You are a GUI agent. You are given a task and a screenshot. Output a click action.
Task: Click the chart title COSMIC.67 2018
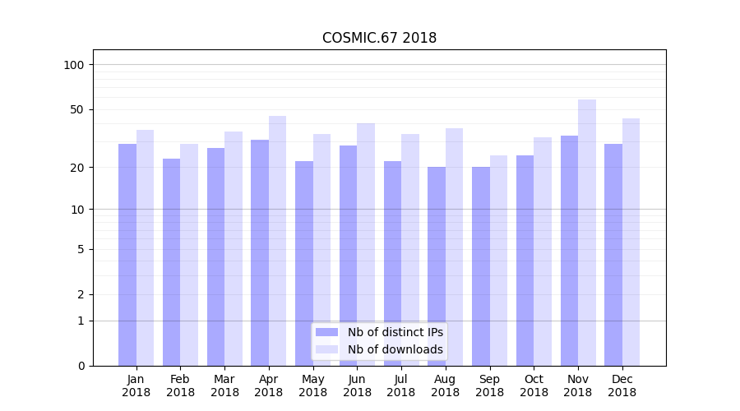pyautogui.click(x=379, y=38)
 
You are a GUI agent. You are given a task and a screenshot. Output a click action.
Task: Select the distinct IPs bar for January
pyautogui.click(x=127, y=255)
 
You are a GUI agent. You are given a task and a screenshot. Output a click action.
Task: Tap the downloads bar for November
pyautogui.click(x=587, y=233)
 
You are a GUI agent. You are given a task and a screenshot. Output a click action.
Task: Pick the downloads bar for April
pyautogui.click(x=277, y=241)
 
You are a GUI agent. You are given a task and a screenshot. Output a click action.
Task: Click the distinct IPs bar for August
pyautogui.click(x=437, y=266)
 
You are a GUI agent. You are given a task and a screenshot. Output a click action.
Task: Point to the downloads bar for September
pyautogui.click(x=498, y=261)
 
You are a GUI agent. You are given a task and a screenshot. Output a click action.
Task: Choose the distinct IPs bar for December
pyautogui.click(x=613, y=255)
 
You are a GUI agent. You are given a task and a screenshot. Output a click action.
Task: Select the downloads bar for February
pyautogui.click(x=189, y=255)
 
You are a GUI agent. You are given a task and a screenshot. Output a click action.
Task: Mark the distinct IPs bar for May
pyautogui.click(x=304, y=263)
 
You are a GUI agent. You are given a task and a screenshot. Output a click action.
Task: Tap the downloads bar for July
pyautogui.click(x=410, y=250)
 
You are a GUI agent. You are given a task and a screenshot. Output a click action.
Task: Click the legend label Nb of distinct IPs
pyautogui.click(x=395, y=332)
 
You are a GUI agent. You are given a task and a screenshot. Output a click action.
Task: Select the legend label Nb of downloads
pyautogui.click(x=395, y=349)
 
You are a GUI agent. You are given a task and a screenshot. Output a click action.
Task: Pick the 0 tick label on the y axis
pyautogui.click(x=81, y=366)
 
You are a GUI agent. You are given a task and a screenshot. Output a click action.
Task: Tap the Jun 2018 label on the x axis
pyautogui.click(x=357, y=386)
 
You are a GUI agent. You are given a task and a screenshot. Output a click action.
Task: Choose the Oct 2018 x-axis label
pyautogui.click(x=534, y=386)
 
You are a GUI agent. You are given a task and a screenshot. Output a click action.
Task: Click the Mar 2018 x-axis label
pyautogui.click(x=224, y=386)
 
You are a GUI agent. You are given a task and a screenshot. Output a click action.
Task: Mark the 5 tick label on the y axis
pyautogui.click(x=81, y=249)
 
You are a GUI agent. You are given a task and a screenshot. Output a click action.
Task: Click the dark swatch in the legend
pyautogui.click(x=326, y=332)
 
